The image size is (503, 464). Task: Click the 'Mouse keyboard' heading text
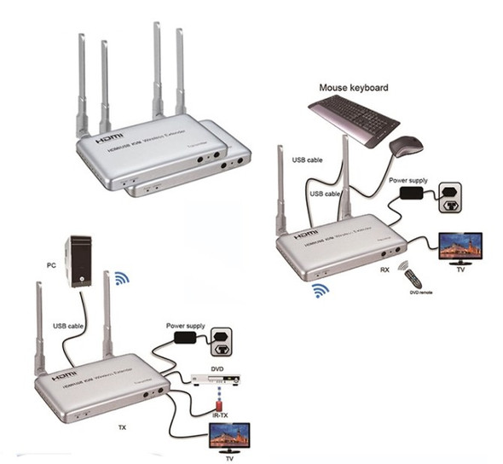(353, 87)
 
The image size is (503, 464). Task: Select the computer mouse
(406, 147)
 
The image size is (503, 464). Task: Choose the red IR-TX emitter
(220, 399)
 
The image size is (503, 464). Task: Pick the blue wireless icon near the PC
(122, 276)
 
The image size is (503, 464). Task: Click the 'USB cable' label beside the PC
(69, 325)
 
